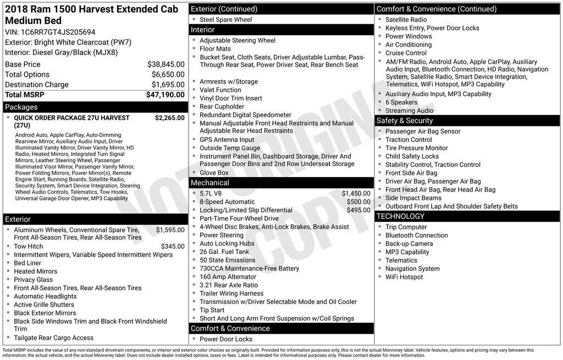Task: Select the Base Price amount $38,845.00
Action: point(165,64)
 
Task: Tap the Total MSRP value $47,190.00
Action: point(165,95)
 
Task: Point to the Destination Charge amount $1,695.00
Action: point(168,85)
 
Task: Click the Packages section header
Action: point(21,107)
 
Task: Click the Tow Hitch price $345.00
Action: point(173,247)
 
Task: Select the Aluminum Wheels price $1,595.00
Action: point(170,230)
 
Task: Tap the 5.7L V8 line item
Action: point(211,193)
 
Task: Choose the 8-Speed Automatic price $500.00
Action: point(358,202)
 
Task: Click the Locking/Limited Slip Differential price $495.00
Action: point(358,210)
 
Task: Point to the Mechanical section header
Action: point(210,182)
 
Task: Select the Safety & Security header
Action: point(405,120)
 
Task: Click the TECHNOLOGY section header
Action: point(402,216)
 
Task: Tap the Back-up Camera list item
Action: point(409,243)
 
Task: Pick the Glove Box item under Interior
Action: point(214,173)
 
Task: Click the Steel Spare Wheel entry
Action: point(225,20)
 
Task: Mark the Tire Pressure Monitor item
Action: point(416,148)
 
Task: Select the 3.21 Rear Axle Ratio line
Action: point(228,285)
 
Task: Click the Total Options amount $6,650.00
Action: point(168,74)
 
